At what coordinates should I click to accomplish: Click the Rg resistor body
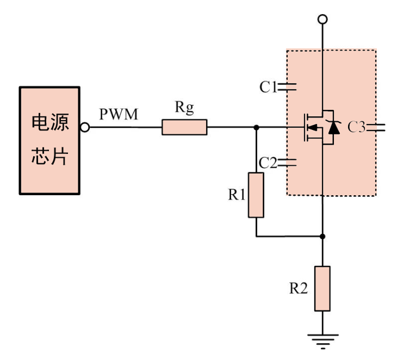click(x=184, y=128)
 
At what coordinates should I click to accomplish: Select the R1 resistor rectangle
click(x=256, y=195)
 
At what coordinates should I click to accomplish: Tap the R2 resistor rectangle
click(x=322, y=288)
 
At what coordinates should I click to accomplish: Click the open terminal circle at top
click(x=322, y=20)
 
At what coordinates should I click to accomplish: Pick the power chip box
click(x=49, y=140)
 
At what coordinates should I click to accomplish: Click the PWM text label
click(x=119, y=115)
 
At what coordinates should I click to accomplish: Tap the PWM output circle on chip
click(x=84, y=128)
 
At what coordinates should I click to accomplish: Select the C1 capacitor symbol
click(x=287, y=86)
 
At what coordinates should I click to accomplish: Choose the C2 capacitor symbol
click(x=287, y=162)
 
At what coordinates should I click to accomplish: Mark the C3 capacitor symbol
click(x=375, y=128)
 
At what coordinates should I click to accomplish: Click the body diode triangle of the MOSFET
click(x=333, y=128)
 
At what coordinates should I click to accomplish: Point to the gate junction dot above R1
click(x=256, y=128)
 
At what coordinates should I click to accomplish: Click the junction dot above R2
click(x=322, y=237)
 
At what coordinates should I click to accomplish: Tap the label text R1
click(x=237, y=195)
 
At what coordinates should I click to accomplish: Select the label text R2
click(x=298, y=288)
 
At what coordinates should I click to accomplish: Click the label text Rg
click(x=184, y=108)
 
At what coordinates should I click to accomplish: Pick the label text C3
click(x=357, y=128)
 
